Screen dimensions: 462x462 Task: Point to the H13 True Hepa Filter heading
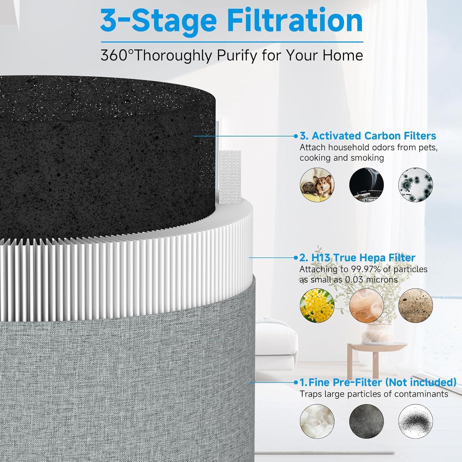(x=357, y=257)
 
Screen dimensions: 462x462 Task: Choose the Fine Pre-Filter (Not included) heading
(x=378, y=382)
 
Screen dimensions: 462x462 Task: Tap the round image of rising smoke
(x=366, y=185)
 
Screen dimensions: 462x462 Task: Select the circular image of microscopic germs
(x=415, y=185)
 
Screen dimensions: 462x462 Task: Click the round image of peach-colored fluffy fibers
(x=366, y=306)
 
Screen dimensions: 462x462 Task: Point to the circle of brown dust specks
(x=415, y=306)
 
